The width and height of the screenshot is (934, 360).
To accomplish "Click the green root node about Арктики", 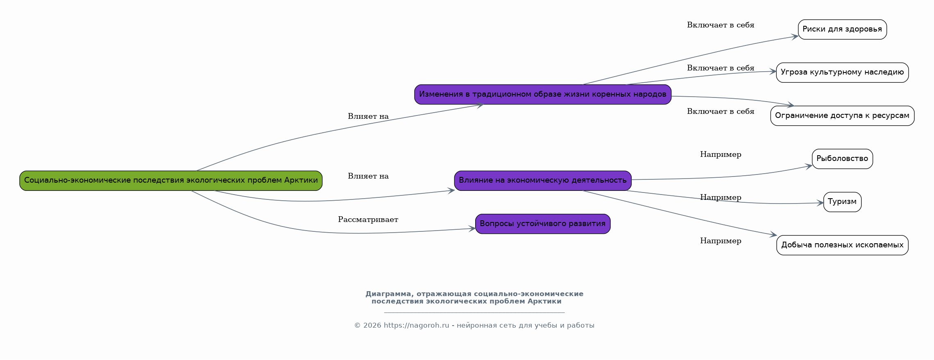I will [x=171, y=181].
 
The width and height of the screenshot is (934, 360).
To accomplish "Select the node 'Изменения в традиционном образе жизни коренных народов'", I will [x=543, y=95].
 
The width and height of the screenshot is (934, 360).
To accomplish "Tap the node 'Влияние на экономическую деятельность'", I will [x=543, y=181].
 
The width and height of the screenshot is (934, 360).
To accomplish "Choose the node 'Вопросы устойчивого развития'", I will [x=543, y=224].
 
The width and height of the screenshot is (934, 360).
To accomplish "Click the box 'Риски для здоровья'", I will [x=842, y=29].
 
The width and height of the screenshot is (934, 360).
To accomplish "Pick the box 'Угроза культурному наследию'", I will [x=842, y=72].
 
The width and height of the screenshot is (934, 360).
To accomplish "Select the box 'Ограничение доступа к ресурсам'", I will [x=842, y=116].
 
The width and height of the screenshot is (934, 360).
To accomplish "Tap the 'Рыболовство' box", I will [x=842, y=159].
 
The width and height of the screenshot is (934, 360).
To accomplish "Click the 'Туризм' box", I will [x=842, y=202].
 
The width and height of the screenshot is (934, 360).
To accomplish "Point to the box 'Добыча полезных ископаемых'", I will [x=842, y=245].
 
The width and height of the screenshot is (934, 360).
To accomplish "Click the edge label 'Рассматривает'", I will [x=368, y=220].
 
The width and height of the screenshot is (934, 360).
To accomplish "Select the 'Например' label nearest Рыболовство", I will [x=721, y=155].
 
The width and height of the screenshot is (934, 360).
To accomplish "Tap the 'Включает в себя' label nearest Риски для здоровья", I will [x=721, y=25].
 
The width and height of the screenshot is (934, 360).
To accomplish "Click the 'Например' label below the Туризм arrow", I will [x=721, y=241].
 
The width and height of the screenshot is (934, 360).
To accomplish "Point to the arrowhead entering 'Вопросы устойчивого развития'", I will [x=472, y=229].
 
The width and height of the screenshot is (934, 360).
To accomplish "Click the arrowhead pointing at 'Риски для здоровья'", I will [x=795, y=36].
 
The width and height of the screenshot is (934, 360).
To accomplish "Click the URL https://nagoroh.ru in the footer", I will [x=416, y=326].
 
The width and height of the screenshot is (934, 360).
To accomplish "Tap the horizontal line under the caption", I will [x=474, y=313].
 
